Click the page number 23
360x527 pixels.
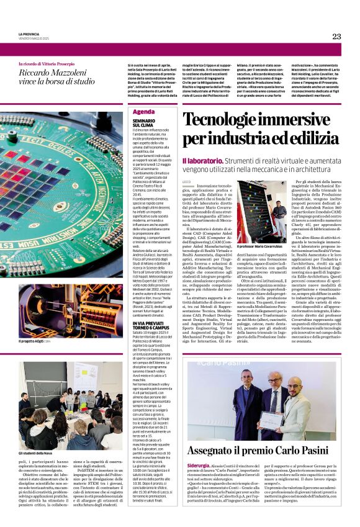tap(336, 37)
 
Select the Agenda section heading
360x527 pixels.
tap(143, 112)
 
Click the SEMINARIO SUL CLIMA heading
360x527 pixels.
tap(143, 123)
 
